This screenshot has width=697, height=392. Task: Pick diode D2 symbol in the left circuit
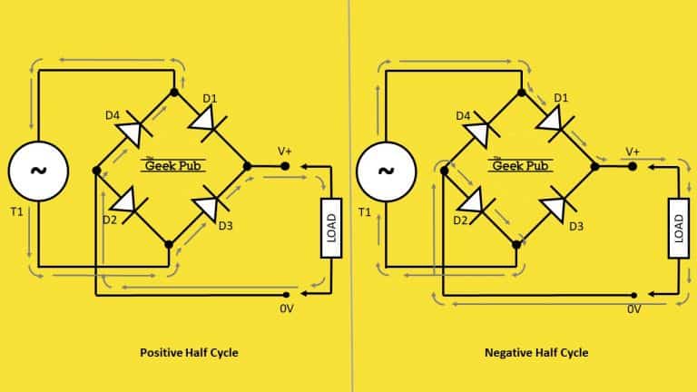pyautogui.click(x=129, y=204)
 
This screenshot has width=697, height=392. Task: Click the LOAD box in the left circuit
pyautogui.click(x=331, y=228)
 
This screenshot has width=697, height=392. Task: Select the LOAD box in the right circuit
pyautogui.click(x=679, y=228)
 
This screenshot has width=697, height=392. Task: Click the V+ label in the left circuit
pyautogui.click(x=285, y=152)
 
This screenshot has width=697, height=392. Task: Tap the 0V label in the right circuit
pyautogui.click(x=633, y=309)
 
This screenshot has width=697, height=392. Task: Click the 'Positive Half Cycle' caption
pyautogui.click(x=189, y=353)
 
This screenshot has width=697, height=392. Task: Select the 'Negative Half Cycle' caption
pyautogui.click(x=536, y=353)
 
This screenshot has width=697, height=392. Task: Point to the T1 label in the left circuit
pyautogui.click(x=16, y=212)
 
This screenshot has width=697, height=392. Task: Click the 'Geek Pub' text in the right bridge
pyautogui.click(x=521, y=166)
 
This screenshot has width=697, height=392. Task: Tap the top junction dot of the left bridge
pyautogui.click(x=174, y=93)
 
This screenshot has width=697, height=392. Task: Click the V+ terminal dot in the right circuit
pyautogui.click(x=633, y=167)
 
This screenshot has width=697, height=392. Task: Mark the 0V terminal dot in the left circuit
pyautogui.click(x=286, y=295)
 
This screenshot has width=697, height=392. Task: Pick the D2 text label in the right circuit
pyautogui.click(x=460, y=220)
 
